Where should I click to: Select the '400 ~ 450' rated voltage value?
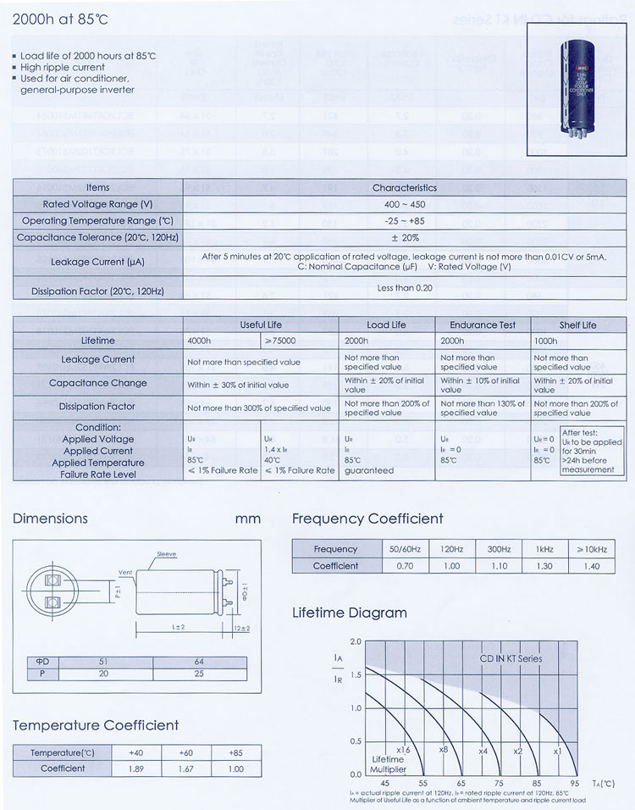(404, 204)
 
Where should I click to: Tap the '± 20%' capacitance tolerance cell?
(404, 237)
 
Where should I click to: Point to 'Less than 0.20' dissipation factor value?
(404, 288)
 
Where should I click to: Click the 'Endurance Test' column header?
(483, 325)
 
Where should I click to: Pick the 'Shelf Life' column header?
(577, 325)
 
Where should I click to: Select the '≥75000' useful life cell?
(279, 341)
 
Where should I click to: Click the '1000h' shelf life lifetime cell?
(546, 341)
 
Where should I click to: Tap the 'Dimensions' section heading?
(50, 518)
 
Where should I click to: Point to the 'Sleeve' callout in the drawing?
(166, 553)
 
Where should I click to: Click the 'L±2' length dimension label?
(179, 626)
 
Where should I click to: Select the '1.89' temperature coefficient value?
(136, 768)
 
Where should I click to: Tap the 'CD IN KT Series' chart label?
(511, 657)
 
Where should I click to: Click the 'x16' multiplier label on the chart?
(403, 750)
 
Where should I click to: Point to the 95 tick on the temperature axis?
(575, 784)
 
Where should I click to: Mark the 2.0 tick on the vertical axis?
(356, 641)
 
